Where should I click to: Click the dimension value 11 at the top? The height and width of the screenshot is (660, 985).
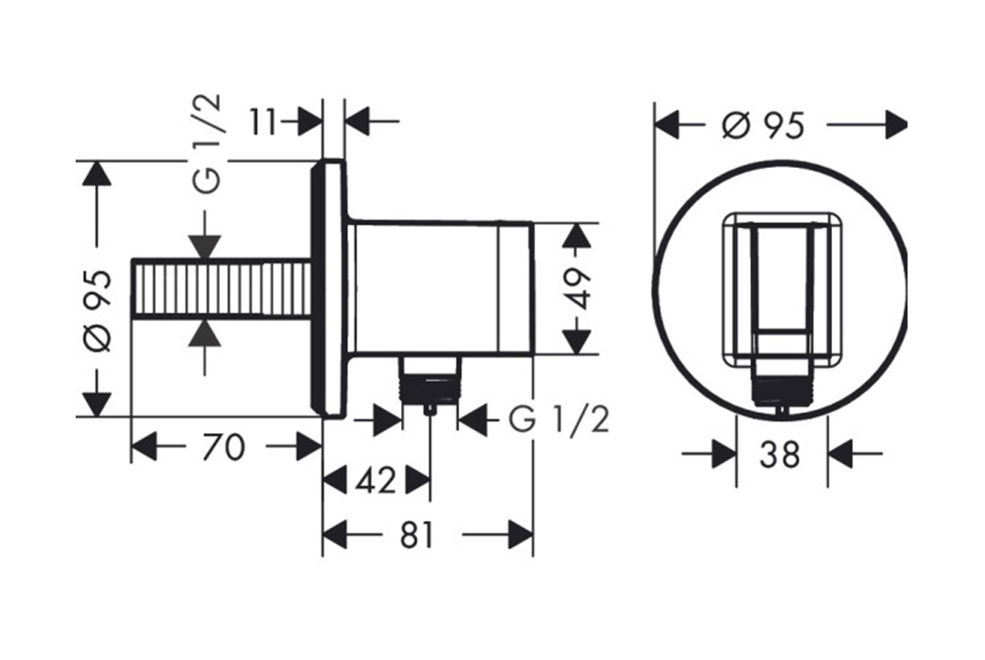point(263,122)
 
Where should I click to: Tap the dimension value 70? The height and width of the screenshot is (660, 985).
point(223,448)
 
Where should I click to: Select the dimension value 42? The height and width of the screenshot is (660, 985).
point(376,481)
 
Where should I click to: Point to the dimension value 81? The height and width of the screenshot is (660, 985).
point(417,536)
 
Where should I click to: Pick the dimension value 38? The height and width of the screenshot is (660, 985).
point(779,454)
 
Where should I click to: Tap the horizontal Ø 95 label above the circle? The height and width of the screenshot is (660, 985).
point(762,125)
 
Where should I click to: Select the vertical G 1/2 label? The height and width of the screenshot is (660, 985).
point(207,143)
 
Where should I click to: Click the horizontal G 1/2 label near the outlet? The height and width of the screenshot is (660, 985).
point(558,420)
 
